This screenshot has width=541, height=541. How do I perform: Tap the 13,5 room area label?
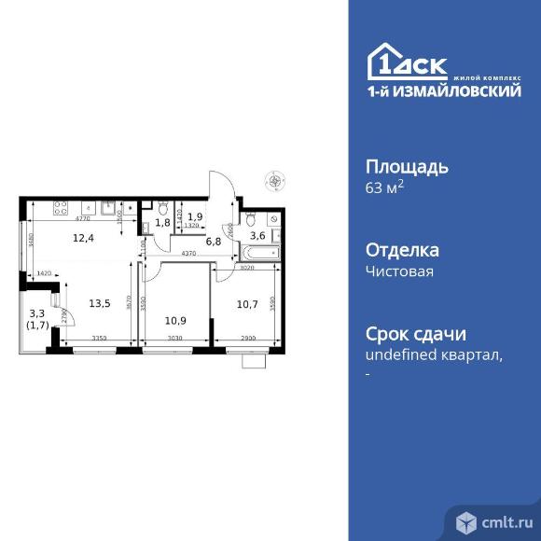100,302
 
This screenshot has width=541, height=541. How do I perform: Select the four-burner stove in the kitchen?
60,207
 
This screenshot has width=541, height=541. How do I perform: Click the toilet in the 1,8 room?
162,208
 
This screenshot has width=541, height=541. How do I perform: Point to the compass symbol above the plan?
274,180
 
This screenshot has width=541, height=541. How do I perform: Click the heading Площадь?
406,168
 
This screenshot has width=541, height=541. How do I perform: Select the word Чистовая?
400,271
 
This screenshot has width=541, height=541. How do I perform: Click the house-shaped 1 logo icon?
382,63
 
